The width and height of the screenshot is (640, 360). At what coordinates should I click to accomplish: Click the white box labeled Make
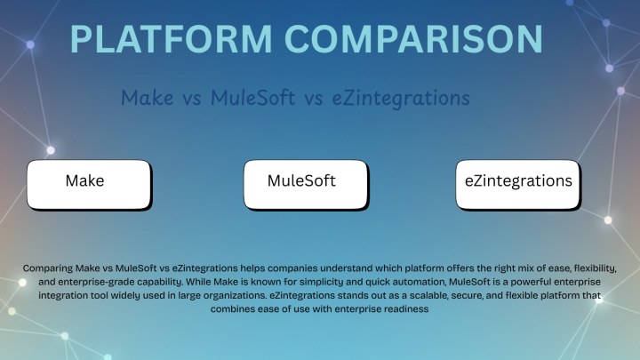tap(86, 182)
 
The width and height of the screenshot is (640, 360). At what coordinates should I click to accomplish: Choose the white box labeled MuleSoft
tap(306, 182)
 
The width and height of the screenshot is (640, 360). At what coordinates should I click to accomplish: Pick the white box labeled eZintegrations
tap(518, 182)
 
